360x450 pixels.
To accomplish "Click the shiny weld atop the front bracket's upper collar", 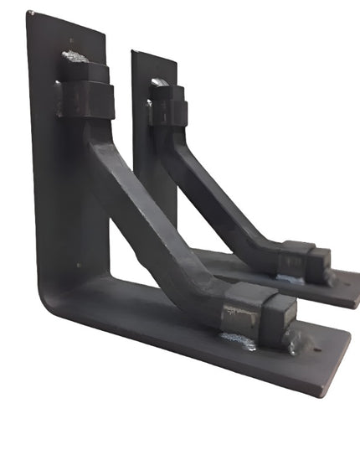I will (75, 57).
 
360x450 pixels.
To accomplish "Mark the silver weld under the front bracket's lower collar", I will (238, 340).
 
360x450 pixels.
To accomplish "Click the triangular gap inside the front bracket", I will (126, 251).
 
